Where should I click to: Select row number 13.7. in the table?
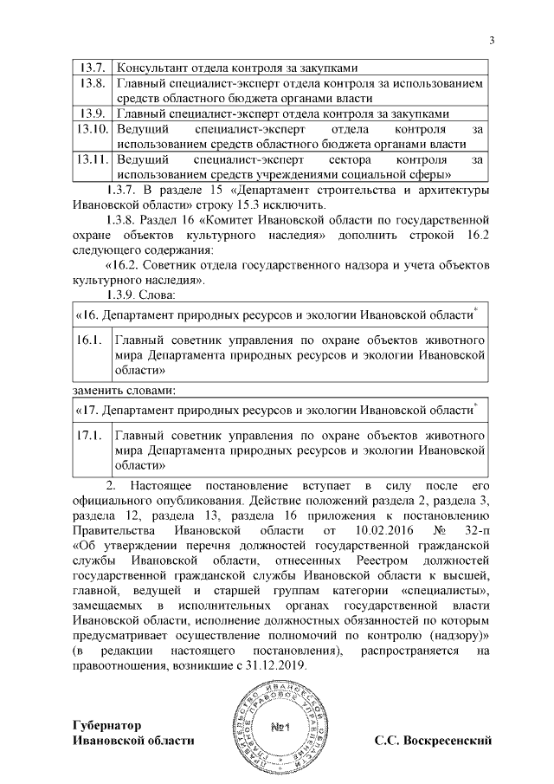[x=91, y=68]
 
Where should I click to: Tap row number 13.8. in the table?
[x=91, y=83]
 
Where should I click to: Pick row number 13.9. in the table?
[x=91, y=113]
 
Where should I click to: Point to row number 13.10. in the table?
[x=92, y=129]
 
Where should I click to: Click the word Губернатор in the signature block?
[x=108, y=723]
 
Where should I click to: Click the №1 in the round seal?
[x=278, y=726]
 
